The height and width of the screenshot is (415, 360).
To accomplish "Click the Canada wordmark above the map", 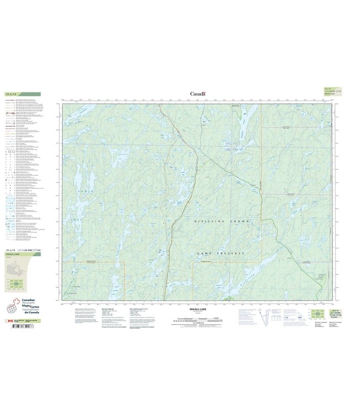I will (x=198, y=94).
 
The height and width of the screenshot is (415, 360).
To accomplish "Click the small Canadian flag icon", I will (x=9, y=320).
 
